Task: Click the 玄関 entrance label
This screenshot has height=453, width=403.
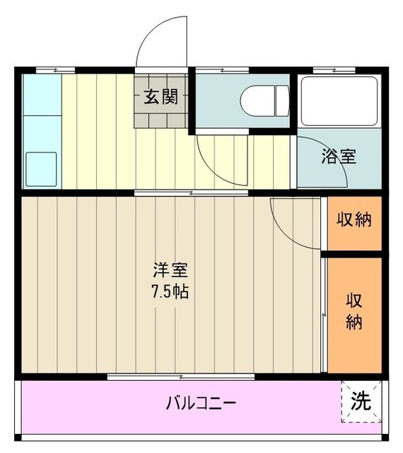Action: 161,98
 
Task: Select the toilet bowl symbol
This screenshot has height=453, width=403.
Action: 265,101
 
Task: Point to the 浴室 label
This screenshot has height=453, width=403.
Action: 339,156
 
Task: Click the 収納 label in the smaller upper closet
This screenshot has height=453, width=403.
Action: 354,220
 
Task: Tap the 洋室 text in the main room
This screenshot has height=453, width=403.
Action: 170,270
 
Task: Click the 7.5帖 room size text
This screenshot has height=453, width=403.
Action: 170,291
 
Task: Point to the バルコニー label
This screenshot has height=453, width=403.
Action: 201,404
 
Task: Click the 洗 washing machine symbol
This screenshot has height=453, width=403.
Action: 361,401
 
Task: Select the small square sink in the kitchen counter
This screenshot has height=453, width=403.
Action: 42,168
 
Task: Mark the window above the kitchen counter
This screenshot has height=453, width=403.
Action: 55,69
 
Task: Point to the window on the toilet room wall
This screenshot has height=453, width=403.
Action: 222,69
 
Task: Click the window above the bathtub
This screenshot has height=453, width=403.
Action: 334,69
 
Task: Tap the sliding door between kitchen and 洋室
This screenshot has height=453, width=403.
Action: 191,192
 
